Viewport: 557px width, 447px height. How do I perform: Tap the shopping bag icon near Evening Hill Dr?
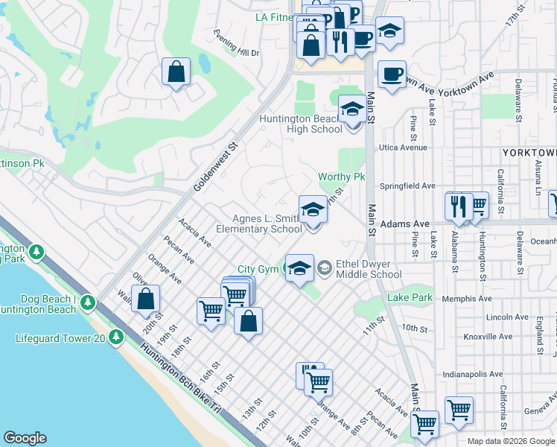[176, 73]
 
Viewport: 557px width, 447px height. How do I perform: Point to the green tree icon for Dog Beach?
[88, 302]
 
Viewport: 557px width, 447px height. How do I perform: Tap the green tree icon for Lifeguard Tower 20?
[115, 337]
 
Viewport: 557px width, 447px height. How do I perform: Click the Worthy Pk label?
[341, 177]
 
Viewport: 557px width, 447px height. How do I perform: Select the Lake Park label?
[410, 298]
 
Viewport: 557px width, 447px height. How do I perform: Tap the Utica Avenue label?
[404, 148]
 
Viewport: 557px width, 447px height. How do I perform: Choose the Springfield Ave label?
[407, 186]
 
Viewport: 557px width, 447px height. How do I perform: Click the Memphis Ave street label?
[467, 299]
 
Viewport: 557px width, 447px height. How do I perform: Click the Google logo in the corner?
[25, 438]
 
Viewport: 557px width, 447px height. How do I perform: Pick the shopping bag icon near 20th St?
[147, 299]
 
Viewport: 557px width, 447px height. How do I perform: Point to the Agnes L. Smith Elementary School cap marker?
[313, 209]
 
